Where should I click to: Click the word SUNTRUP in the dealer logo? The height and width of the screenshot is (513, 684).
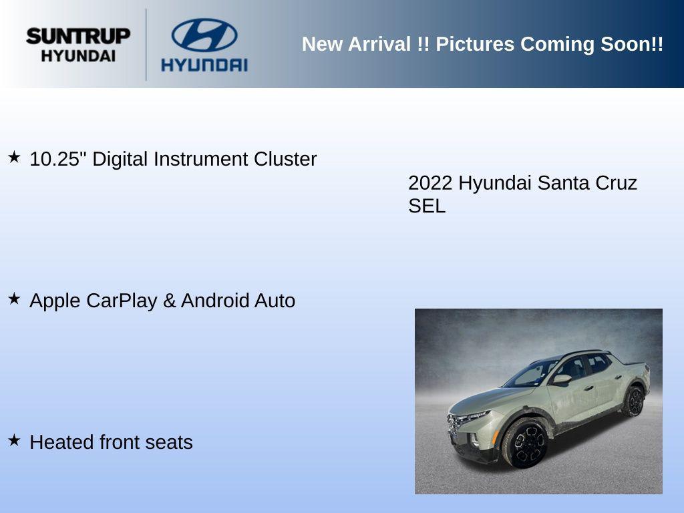[78, 36]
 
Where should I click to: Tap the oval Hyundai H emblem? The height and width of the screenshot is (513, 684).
[204, 35]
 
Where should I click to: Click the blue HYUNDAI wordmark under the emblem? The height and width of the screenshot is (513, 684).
[204, 65]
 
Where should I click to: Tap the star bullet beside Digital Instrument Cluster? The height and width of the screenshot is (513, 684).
[14, 157]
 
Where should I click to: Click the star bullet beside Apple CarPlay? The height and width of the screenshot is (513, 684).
[14, 299]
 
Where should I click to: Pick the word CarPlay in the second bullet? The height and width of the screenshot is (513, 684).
[122, 301]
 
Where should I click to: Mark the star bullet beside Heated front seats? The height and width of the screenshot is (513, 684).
[14, 440]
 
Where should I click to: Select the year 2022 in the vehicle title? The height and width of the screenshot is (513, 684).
[430, 183]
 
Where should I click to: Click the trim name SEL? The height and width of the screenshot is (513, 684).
[427, 206]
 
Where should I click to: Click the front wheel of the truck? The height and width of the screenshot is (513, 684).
[525, 444]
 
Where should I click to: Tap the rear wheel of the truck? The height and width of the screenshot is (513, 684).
[633, 401]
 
